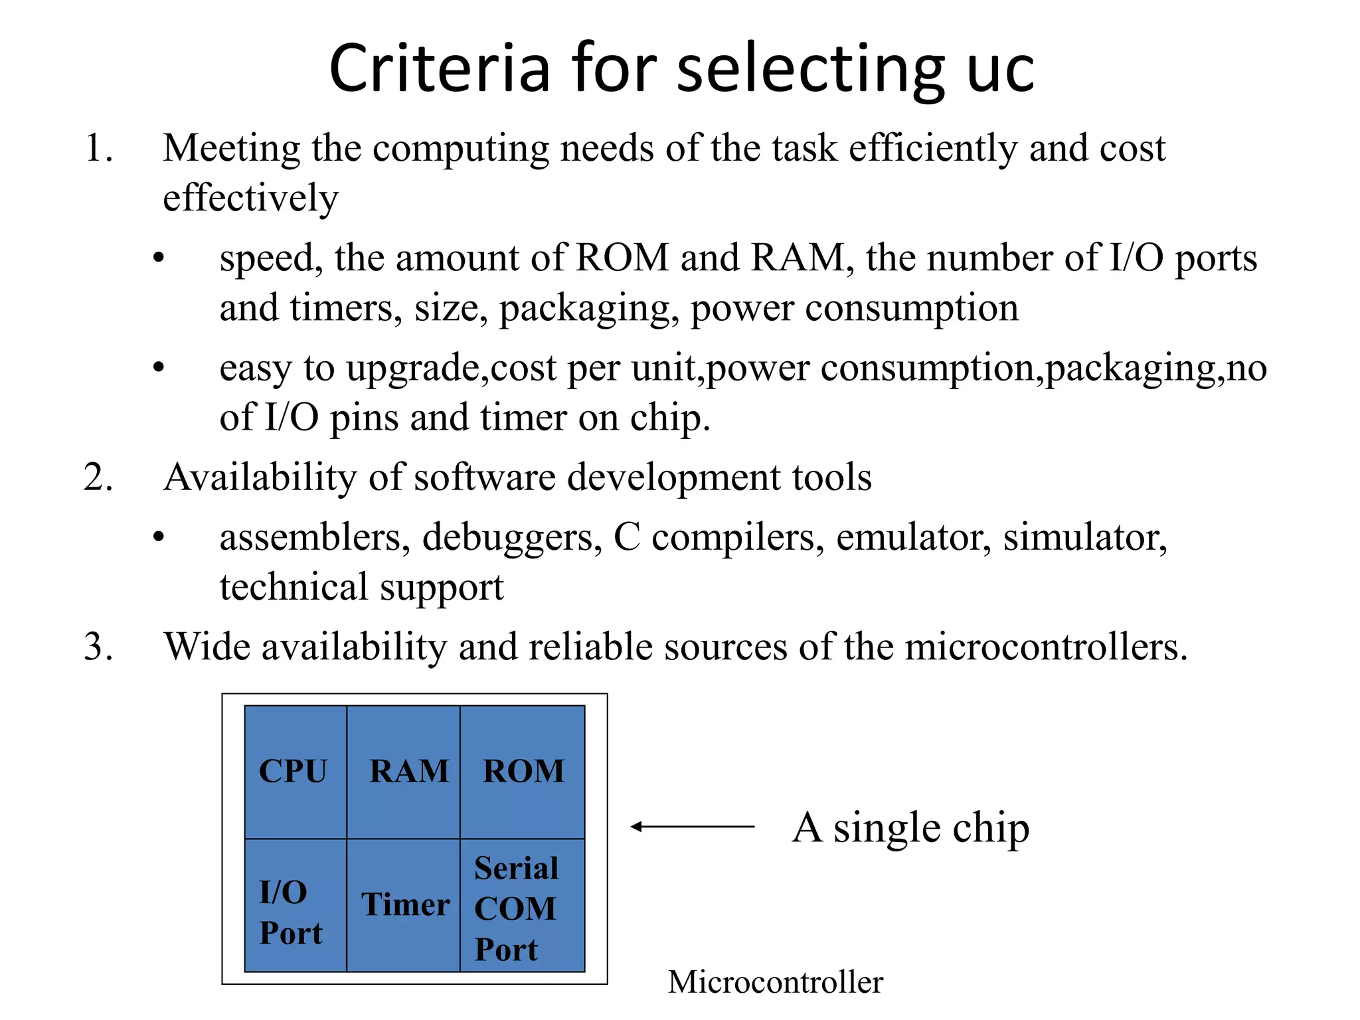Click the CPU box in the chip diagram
[x=296, y=772]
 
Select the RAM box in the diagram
[x=403, y=772]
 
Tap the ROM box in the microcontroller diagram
[x=523, y=772]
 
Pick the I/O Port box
[x=296, y=906]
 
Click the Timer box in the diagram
[x=404, y=906]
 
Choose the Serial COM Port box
[x=523, y=906]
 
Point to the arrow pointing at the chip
[x=692, y=827]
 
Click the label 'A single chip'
[x=910, y=828]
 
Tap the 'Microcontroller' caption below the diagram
[x=775, y=982]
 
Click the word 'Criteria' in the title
[x=440, y=68]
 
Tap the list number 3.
[x=98, y=646]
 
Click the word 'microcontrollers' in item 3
[x=1045, y=646]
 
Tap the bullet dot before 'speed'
[x=158, y=258]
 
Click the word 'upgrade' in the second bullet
[x=416, y=369]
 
